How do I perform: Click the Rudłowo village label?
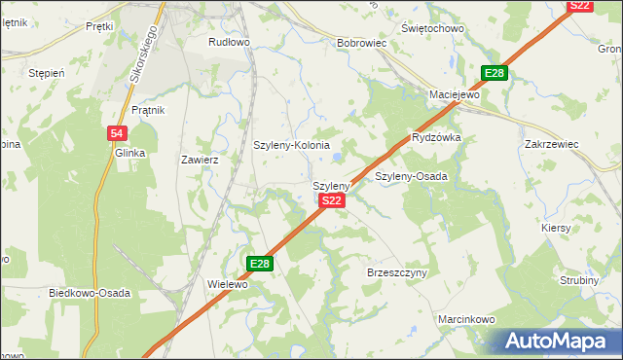click(x=230, y=43)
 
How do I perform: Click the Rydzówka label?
click(x=436, y=138)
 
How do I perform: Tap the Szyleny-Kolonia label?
click(x=292, y=145)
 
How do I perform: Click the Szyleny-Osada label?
click(x=411, y=177)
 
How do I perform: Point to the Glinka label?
click(x=129, y=154)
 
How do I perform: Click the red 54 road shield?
click(x=116, y=133)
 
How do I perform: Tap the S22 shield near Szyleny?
click(x=332, y=200)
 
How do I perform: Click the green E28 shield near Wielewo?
click(x=259, y=264)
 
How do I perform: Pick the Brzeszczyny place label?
click(x=397, y=273)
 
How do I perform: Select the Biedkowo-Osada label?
click(x=90, y=293)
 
